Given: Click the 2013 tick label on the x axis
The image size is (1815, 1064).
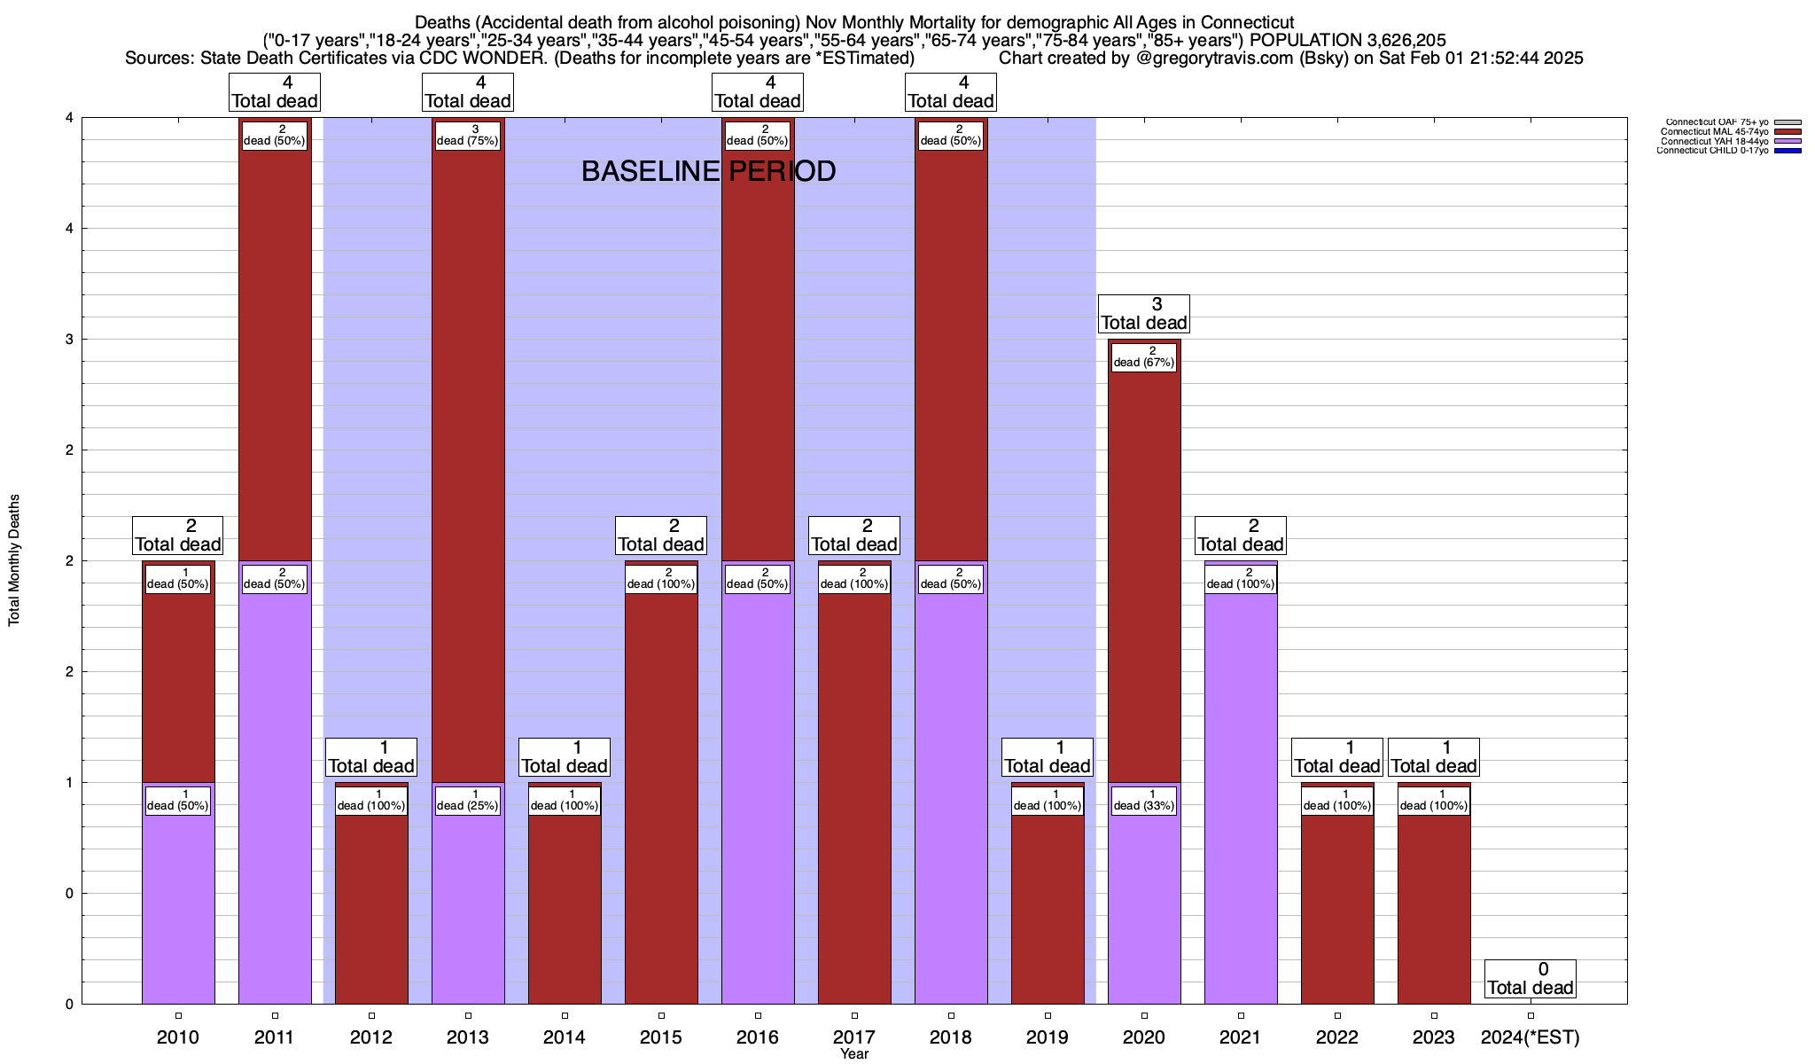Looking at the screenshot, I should click(468, 1037).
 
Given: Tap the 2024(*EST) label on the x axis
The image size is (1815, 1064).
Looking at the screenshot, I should click(1531, 1037).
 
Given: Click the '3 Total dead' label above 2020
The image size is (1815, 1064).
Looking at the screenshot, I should click(1143, 314).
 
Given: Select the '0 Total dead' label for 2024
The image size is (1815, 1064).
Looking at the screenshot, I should click(1531, 979).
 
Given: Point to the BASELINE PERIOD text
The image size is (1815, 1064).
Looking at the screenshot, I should click(708, 171).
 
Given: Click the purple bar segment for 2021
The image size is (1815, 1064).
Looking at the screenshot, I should click(1241, 798).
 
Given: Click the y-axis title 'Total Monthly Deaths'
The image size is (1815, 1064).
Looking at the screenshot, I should click(14, 559).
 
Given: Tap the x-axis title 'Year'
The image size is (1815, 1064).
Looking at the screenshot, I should click(854, 1054).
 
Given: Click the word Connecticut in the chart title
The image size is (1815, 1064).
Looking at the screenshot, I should click(1247, 22).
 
